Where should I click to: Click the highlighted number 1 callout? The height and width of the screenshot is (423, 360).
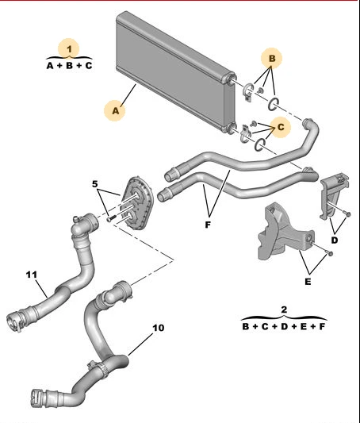click(69, 49)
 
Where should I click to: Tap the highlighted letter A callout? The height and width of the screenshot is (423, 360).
click(115, 110)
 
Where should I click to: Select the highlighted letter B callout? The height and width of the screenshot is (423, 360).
click(272, 58)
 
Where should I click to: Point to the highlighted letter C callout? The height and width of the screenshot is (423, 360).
click(281, 127)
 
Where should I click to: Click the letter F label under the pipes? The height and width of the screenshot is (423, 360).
click(208, 225)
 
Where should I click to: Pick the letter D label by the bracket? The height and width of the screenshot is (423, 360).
click(334, 240)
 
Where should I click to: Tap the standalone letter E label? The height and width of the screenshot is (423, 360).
click(308, 282)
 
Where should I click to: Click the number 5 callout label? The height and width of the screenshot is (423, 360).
click(94, 184)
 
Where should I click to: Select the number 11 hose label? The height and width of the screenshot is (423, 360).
click(31, 275)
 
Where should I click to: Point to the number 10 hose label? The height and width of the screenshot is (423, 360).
click(158, 328)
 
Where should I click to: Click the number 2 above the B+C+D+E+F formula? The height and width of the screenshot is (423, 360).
click(284, 310)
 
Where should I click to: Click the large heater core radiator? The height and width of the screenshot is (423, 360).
click(175, 71)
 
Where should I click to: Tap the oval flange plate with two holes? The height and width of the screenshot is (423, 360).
click(137, 203)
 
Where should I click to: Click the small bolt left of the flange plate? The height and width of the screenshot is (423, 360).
click(110, 218)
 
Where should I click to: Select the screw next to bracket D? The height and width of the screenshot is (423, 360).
click(347, 214)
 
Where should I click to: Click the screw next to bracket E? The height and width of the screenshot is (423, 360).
click(331, 253)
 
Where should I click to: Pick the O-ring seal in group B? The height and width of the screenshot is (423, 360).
click(274, 104)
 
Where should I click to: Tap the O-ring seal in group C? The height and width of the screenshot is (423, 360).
click(260, 144)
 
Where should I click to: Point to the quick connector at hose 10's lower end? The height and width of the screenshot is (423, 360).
click(39, 398)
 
